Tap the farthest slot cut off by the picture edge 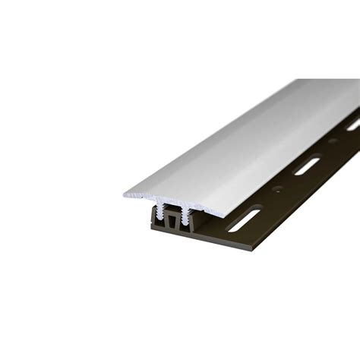[354, 125]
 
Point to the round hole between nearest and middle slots [277, 190]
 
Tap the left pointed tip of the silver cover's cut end [125, 195]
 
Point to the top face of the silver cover [243, 137]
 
